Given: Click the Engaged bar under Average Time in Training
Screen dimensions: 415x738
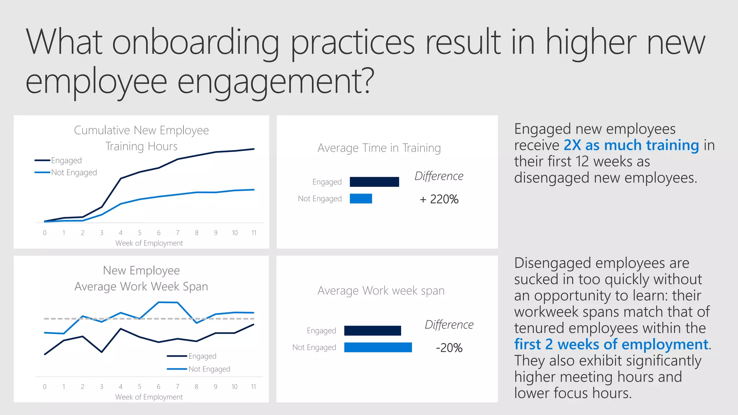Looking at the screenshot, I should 374,182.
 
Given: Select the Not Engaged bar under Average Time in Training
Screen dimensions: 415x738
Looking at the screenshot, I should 361,198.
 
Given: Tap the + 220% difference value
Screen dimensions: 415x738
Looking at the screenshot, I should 439,199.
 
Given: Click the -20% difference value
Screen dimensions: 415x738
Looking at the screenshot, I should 449,348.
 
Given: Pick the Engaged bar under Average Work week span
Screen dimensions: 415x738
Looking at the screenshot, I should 372,331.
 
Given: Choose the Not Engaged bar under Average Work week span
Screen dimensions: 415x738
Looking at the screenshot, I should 378,347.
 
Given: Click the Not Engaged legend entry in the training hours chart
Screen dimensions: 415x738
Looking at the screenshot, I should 74,173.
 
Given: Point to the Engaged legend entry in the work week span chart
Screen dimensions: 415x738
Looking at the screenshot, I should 202,356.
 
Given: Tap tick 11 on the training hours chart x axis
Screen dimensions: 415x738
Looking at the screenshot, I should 254,233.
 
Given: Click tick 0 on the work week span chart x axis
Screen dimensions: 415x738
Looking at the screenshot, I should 45,387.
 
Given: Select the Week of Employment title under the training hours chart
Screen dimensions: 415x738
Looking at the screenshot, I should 149,243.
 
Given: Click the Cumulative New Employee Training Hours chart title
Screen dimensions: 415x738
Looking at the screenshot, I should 141,138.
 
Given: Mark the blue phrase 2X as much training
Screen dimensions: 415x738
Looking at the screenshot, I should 631,145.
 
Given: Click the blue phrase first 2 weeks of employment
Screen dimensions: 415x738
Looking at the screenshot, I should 611,344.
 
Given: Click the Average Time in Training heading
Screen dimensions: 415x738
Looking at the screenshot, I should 379,148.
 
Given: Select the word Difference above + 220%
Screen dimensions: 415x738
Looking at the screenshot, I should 439,176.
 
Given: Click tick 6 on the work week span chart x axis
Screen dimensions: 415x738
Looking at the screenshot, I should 159,387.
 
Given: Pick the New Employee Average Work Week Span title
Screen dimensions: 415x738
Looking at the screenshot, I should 141,278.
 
